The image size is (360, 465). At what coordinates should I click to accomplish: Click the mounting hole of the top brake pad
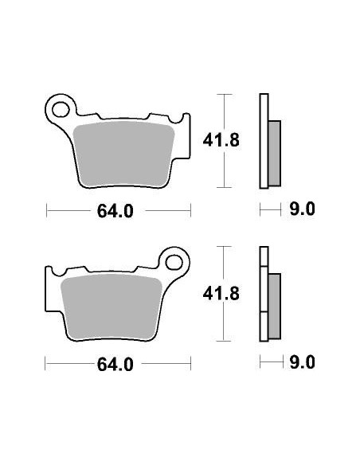(60, 107)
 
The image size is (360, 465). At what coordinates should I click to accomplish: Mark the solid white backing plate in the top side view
(263, 141)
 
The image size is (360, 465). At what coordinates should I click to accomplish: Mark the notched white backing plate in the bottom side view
(263, 295)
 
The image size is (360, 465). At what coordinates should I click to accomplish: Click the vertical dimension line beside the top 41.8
(225, 141)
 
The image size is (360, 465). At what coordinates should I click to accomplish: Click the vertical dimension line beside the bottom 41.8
(225, 295)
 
